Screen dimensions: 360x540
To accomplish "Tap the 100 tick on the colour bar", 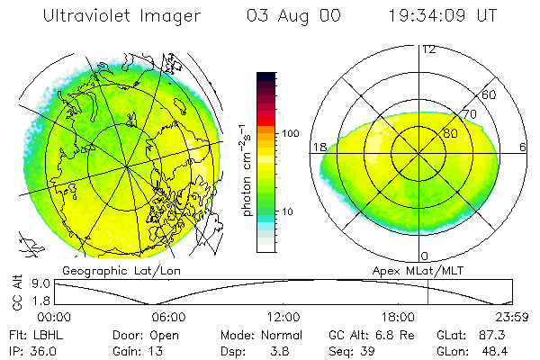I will [x=291, y=133].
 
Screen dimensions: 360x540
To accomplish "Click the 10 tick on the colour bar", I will [x=288, y=211].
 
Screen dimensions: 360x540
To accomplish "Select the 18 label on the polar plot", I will [x=319, y=147].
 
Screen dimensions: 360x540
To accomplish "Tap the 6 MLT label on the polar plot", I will [x=523, y=147].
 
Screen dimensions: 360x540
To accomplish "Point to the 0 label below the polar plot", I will [x=425, y=256].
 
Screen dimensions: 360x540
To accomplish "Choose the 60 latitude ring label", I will [x=490, y=94].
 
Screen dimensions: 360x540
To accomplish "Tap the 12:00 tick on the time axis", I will [x=283, y=317].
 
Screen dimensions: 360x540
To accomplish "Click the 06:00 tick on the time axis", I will [x=168, y=317].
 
